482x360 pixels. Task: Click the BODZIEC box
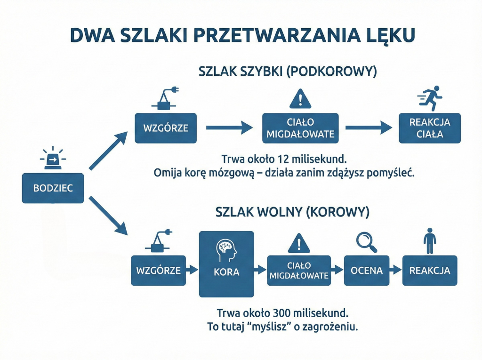click(x=53, y=188)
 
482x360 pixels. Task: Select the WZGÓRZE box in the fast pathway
click(x=163, y=128)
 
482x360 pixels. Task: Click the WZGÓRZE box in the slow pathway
click(x=159, y=271)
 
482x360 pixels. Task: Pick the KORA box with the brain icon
click(x=226, y=264)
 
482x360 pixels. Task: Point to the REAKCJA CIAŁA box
click(x=429, y=128)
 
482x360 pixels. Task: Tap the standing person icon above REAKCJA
click(x=429, y=241)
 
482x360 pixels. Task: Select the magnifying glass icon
click(x=367, y=241)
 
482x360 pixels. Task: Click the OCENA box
click(x=367, y=271)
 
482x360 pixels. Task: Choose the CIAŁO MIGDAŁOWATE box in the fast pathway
click(x=300, y=128)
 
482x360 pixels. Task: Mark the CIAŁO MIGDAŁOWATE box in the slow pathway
click(x=298, y=271)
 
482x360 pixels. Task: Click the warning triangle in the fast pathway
click(x=300, y=99)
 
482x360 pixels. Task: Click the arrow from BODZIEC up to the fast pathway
click(x=108, y=151)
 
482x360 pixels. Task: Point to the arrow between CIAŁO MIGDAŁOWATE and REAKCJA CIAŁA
click(x=369, y=127)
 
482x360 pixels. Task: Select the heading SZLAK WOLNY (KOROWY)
click(x=292, y=212)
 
